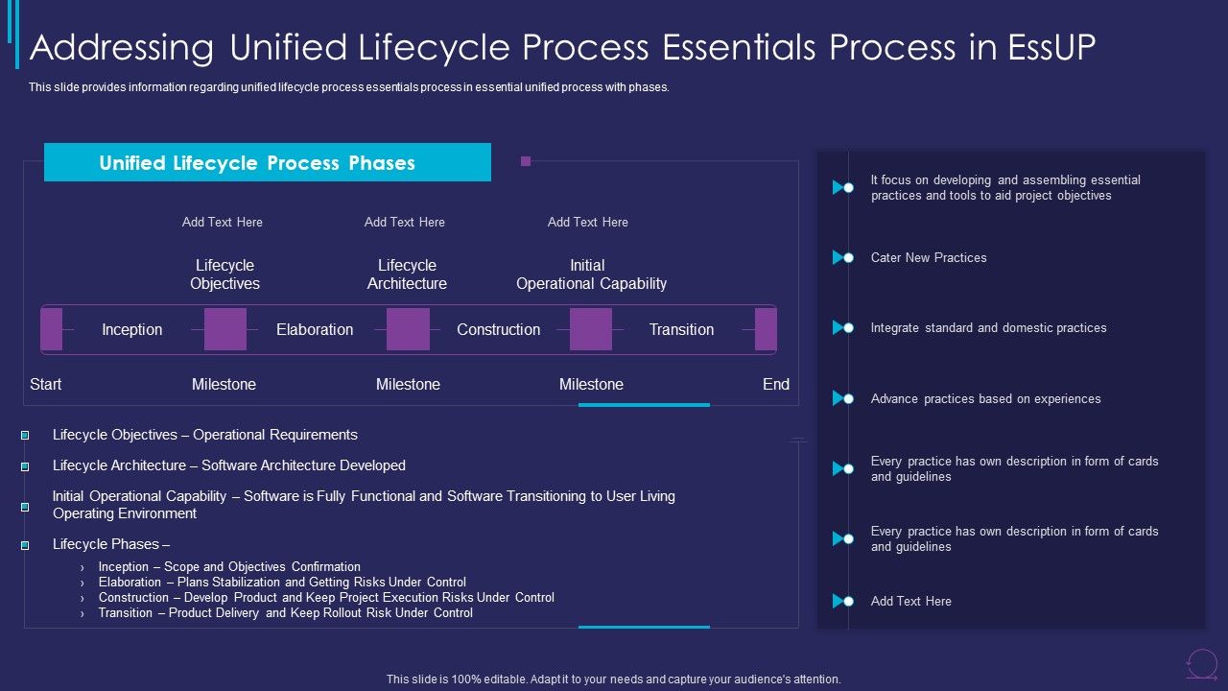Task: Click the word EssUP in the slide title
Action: click(1051, 47)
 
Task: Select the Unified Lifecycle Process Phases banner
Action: click(267, 162)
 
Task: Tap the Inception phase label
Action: click(132, 329)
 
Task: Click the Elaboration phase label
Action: click(315, 329)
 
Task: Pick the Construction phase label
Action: click(498, 329)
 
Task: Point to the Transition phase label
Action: click(681, 329)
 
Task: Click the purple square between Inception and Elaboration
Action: click(225, 329)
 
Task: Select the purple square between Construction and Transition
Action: click(591, 329)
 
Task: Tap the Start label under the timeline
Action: click(45, 384)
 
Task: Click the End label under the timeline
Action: click(775, 384)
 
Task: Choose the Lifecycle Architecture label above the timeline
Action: click(407, 274)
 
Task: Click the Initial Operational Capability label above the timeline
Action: click(591, 274)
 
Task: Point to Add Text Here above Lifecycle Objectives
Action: click(223, 222)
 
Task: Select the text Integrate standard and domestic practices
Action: click(988, 327)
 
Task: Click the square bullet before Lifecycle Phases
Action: click(25, 544)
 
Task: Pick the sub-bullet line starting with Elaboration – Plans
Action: click(282, 582)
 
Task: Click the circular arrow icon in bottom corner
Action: click(1201, 663)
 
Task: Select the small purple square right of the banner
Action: click(526, 161)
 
